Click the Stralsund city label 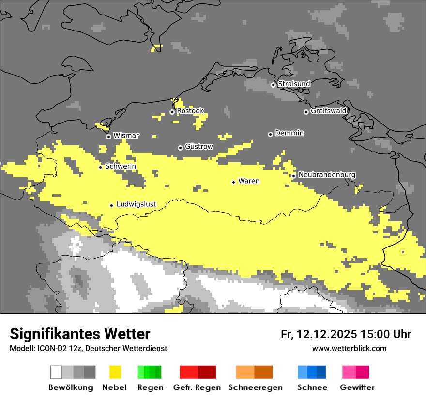(x=294, y=84)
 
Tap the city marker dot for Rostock (x=172, y=112)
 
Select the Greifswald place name (x=328, y=111)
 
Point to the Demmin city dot (x=270, y=134)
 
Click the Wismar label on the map (x=126, y=136)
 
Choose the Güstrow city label (x=199, y=146)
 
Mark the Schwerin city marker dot (x=100, y=167)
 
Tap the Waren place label (x=249, y=181)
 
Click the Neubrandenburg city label (x=327, y=174)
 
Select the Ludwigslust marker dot (x=111, y=205)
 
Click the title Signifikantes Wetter (x=80, y=334)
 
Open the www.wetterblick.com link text (x=349, y=348)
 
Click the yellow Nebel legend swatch (x=115, y=372)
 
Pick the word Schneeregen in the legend (x=256, y=387)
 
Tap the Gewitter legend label (x=357, y=387)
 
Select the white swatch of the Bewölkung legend (x=56, y=372)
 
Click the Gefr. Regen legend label (x=197, y=387)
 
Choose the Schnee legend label (x=312, y=387)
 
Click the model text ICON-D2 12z (x=55, y=348)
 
